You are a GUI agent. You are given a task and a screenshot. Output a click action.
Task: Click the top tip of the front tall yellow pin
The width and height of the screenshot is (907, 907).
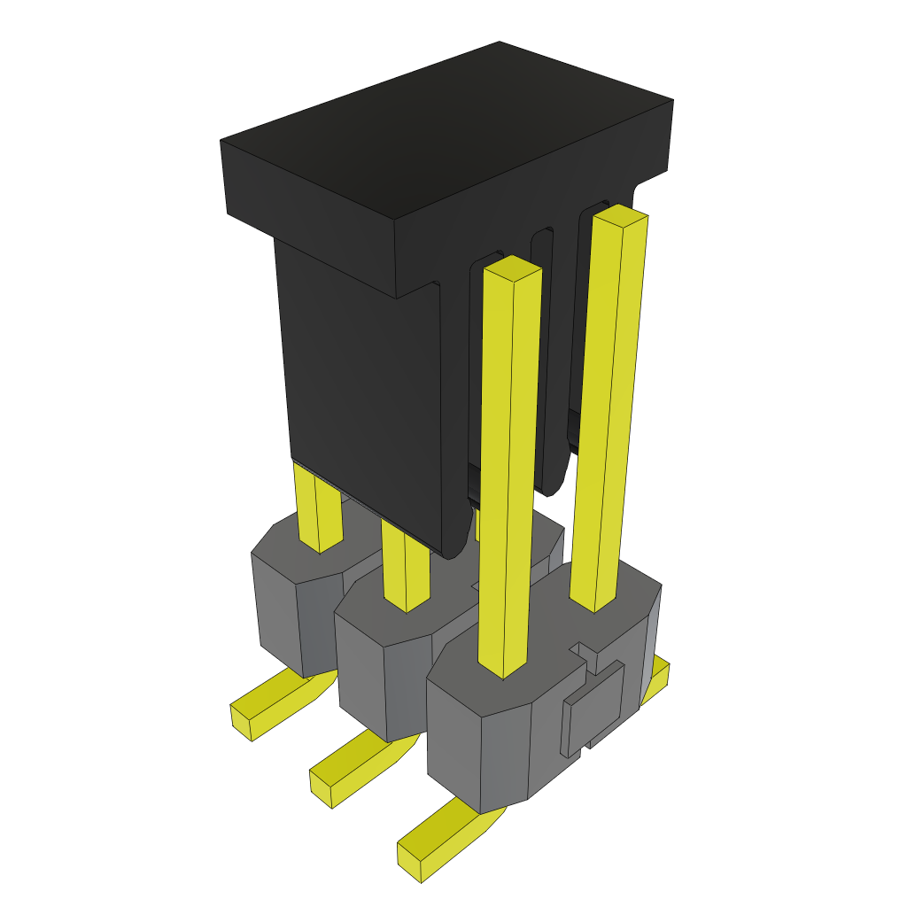(512, 265)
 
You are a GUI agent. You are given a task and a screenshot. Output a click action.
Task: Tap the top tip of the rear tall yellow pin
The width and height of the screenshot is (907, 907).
(620, 214)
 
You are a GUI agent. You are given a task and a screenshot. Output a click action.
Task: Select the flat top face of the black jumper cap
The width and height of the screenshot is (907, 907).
(447, 128)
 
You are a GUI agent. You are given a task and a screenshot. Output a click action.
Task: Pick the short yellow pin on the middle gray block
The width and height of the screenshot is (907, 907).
(406, 571)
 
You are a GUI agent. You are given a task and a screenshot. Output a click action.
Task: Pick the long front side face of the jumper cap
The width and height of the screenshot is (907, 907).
(531, 195)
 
